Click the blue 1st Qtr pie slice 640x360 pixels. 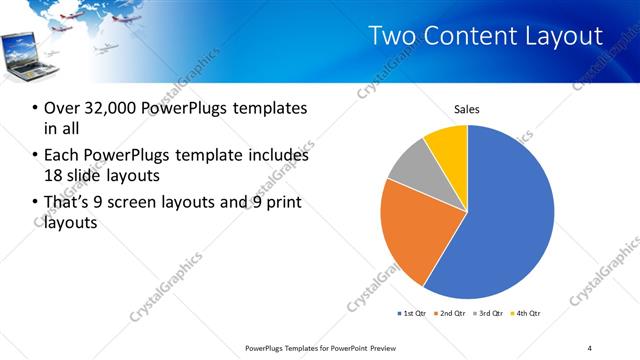pos(510,220)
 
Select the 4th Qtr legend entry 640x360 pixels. pos(524,314)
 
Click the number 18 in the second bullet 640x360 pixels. pos(54,175)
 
